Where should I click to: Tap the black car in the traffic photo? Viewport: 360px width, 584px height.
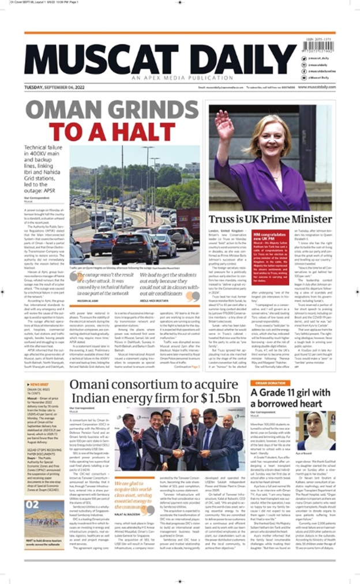[135, 242]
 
